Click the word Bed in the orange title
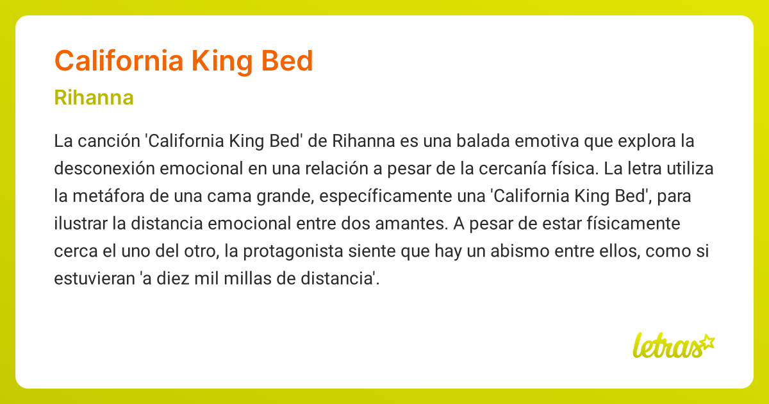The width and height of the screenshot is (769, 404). click(287, 61)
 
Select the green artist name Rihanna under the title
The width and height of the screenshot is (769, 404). click(94, 97)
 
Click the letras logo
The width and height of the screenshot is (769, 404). click(674, 345)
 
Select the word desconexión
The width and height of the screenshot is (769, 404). click(104, 168)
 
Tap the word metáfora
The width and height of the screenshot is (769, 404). click(108, 196)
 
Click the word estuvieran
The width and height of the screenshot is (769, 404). click(94, 278)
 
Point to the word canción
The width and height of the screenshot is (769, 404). click(109, 141)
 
